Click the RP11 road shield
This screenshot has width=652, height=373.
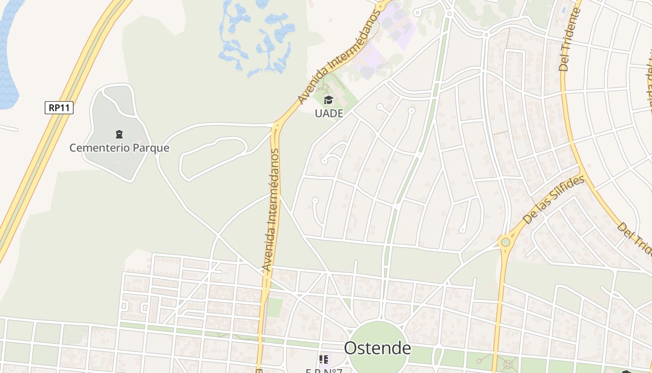point(59,108)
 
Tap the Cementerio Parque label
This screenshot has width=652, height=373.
point(119,148)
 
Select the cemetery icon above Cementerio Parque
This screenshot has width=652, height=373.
point(119,135)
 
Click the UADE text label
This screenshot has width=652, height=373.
point(329,113)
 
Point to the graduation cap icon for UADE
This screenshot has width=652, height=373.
point(329,100)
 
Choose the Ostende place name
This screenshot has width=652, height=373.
point(377,348)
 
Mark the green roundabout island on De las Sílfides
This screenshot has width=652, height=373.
point(505,242)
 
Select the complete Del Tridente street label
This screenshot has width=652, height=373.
point(569,40)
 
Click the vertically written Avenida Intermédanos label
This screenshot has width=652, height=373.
point(271,210)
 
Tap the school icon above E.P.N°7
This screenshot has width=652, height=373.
point(324,359)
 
